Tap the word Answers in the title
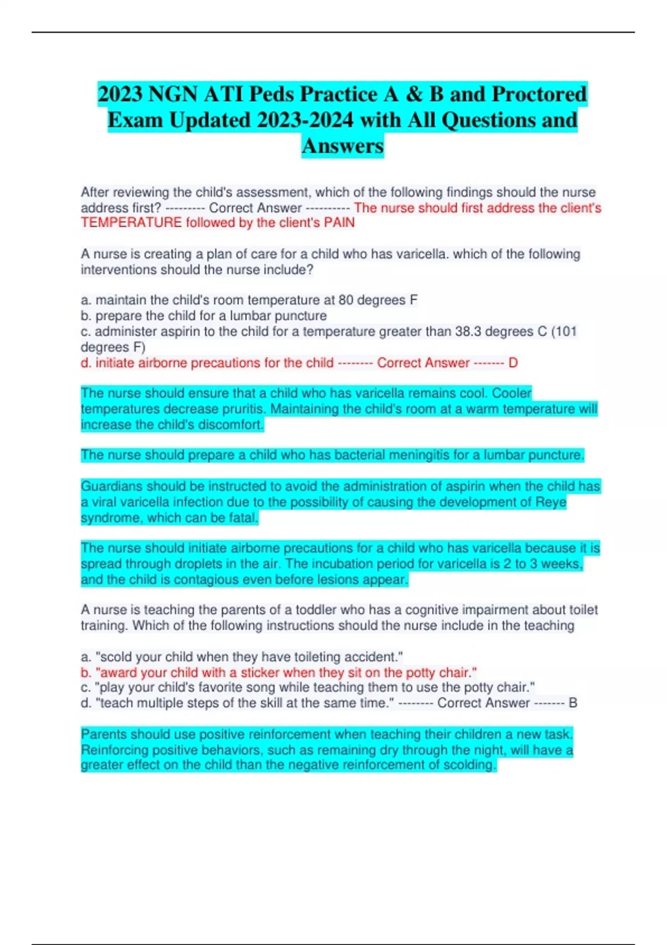(x=342, y=146)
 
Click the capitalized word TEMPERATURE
(x=131, y=223)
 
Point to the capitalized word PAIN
(x=339, y=223)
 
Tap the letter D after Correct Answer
(x=513, y=363)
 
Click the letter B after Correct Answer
(x=573, y=703)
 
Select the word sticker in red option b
(x=261, y=673)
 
